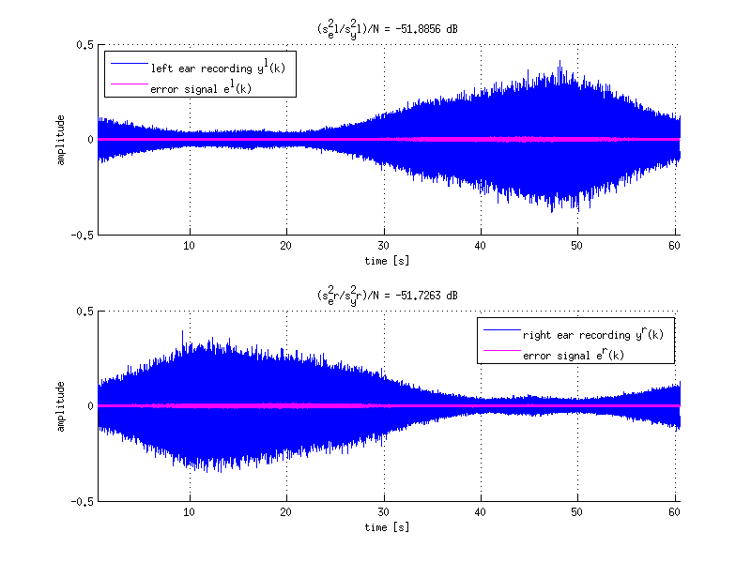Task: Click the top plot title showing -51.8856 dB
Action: [388, 29]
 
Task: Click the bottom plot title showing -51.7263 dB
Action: [388, 296]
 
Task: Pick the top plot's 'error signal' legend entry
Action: [200, 88]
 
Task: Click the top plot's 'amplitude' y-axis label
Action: [60, 140]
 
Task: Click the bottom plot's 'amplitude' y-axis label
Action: [60, 406]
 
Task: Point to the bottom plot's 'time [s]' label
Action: [388, 526]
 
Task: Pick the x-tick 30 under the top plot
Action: [383, 247]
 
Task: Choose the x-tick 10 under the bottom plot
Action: [190, 513]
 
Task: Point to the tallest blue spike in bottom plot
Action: [182, 332]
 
